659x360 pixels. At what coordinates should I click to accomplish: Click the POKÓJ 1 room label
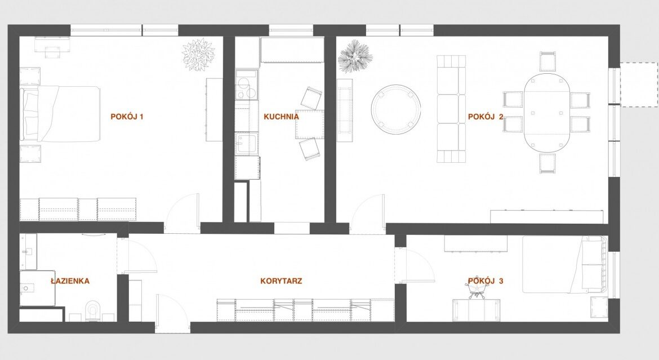click(127, 117)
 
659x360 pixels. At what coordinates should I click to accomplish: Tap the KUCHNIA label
click(281, 117)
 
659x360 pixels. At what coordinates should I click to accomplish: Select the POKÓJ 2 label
click(486, 117)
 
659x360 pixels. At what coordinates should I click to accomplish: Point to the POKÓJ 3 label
click(486, 281)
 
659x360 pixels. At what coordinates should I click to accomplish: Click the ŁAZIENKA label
click(70, 281)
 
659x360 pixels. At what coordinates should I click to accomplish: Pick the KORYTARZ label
click(281, 281)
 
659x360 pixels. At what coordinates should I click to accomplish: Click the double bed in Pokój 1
click(60, 114)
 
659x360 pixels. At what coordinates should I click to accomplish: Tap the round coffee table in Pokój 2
click(396, 109)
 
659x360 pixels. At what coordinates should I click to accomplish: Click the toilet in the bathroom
click(92, 311)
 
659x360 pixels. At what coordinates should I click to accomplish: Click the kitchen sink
click(246, 144)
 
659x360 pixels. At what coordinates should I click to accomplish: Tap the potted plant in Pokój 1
click(198, 55)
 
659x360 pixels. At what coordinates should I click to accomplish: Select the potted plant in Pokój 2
click(355, 56)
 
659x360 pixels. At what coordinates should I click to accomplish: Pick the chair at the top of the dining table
click(547, 62)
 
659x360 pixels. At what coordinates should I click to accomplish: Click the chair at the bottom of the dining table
click(547, 163)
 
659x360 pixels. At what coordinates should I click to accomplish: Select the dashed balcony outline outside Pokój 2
click(639, 84)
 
